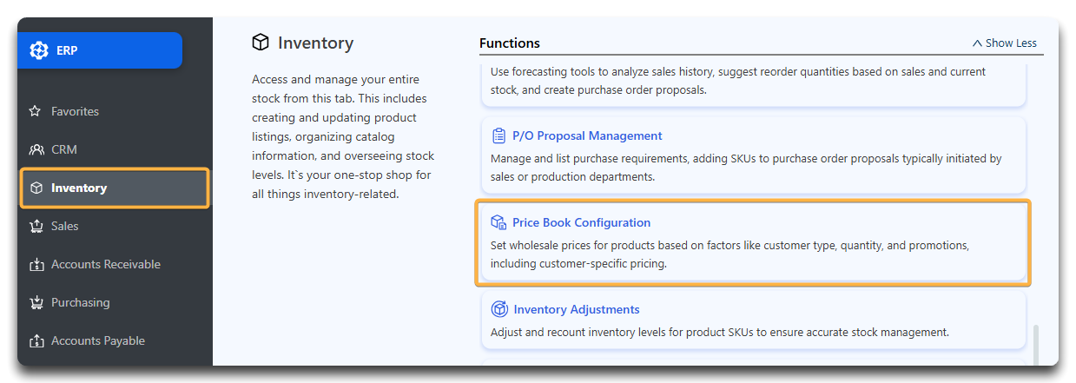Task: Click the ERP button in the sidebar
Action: (100, 50)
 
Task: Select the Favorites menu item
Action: (75, 111)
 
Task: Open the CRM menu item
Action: (64, 150)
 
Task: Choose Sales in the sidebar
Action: (65, 227)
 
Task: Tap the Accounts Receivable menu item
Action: (106, 264)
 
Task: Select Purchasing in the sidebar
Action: (80, 303)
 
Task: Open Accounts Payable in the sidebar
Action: (98, 340)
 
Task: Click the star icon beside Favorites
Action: (35, 111)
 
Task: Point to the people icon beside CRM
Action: (36, 150)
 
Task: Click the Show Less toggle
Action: (1005, 43)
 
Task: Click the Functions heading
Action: (510, 43)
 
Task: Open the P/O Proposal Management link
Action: (587, 136)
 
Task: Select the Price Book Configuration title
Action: (581, 222)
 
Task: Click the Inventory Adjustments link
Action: (577, 309)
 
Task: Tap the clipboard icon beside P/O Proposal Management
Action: (499, 136)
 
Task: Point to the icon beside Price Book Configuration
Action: (498, 222)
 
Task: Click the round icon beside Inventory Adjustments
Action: (499, 309)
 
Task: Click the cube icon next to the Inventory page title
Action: (261, 43)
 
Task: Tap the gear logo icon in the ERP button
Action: (39, 50)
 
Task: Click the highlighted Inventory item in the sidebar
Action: (115, 188)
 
